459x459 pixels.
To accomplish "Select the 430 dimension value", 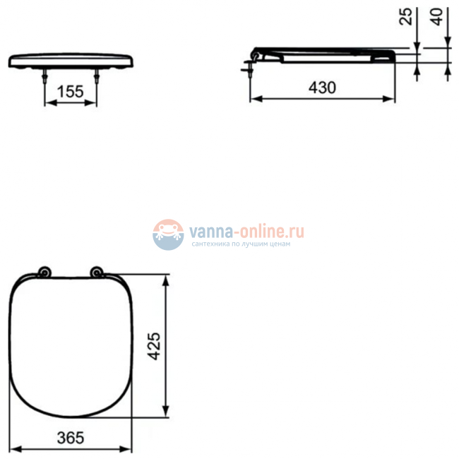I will (321, 88).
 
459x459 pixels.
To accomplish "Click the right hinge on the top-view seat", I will (97, 273).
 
